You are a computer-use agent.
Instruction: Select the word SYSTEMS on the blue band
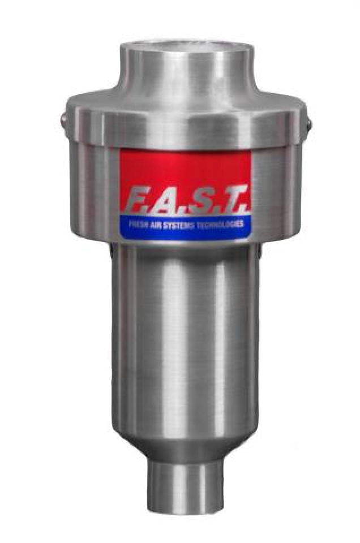179,223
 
